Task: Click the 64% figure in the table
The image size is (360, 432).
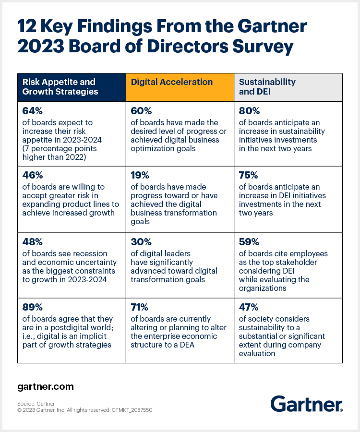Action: tap(32, 111)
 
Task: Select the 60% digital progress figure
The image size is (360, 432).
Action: tap(140, 111)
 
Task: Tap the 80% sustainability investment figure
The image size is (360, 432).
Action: tap(248, 111)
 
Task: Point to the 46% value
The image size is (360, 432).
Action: tap(32, 175)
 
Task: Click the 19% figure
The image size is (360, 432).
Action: tap(139, 175)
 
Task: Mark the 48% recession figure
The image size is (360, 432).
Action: tap(32, 242)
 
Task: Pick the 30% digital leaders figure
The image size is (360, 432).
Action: tap(140, 242)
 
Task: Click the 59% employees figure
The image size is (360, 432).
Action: tap(248, 242)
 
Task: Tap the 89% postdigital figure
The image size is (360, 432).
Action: tap(32, 307)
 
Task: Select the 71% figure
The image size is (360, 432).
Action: tap(139, 307)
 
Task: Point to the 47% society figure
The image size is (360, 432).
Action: tap(248, 307)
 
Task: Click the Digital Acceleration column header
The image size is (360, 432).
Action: tap(172, 82)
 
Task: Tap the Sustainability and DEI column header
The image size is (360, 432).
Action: tap(267, 86)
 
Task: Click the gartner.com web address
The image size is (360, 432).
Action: tap(46, 386)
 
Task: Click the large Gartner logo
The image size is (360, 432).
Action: tap(306, 404)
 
